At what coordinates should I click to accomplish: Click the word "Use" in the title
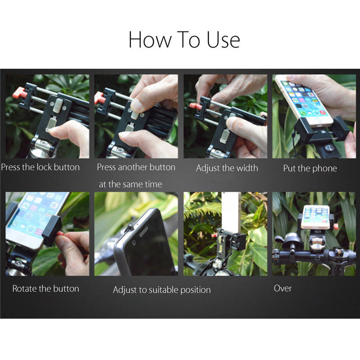(223, 40)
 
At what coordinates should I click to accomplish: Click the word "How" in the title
(150, 40)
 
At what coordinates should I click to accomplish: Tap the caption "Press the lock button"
(40, 167)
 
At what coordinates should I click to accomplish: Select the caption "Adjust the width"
(227, 168)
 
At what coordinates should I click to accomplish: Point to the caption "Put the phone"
(310, 168)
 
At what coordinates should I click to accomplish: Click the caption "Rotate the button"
(46, 288)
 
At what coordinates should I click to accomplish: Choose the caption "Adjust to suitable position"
(162, 290)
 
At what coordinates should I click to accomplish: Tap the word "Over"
(283, 288)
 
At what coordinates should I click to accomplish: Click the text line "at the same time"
(130, 184)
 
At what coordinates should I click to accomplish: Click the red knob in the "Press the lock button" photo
(19, 93)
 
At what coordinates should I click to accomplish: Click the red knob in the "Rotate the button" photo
(60, 234)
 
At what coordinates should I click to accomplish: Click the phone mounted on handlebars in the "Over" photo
(316, 217)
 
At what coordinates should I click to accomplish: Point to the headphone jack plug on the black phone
(130, 227)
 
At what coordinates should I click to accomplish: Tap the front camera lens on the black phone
(134, 243)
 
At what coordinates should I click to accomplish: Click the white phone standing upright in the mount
(231, 212)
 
